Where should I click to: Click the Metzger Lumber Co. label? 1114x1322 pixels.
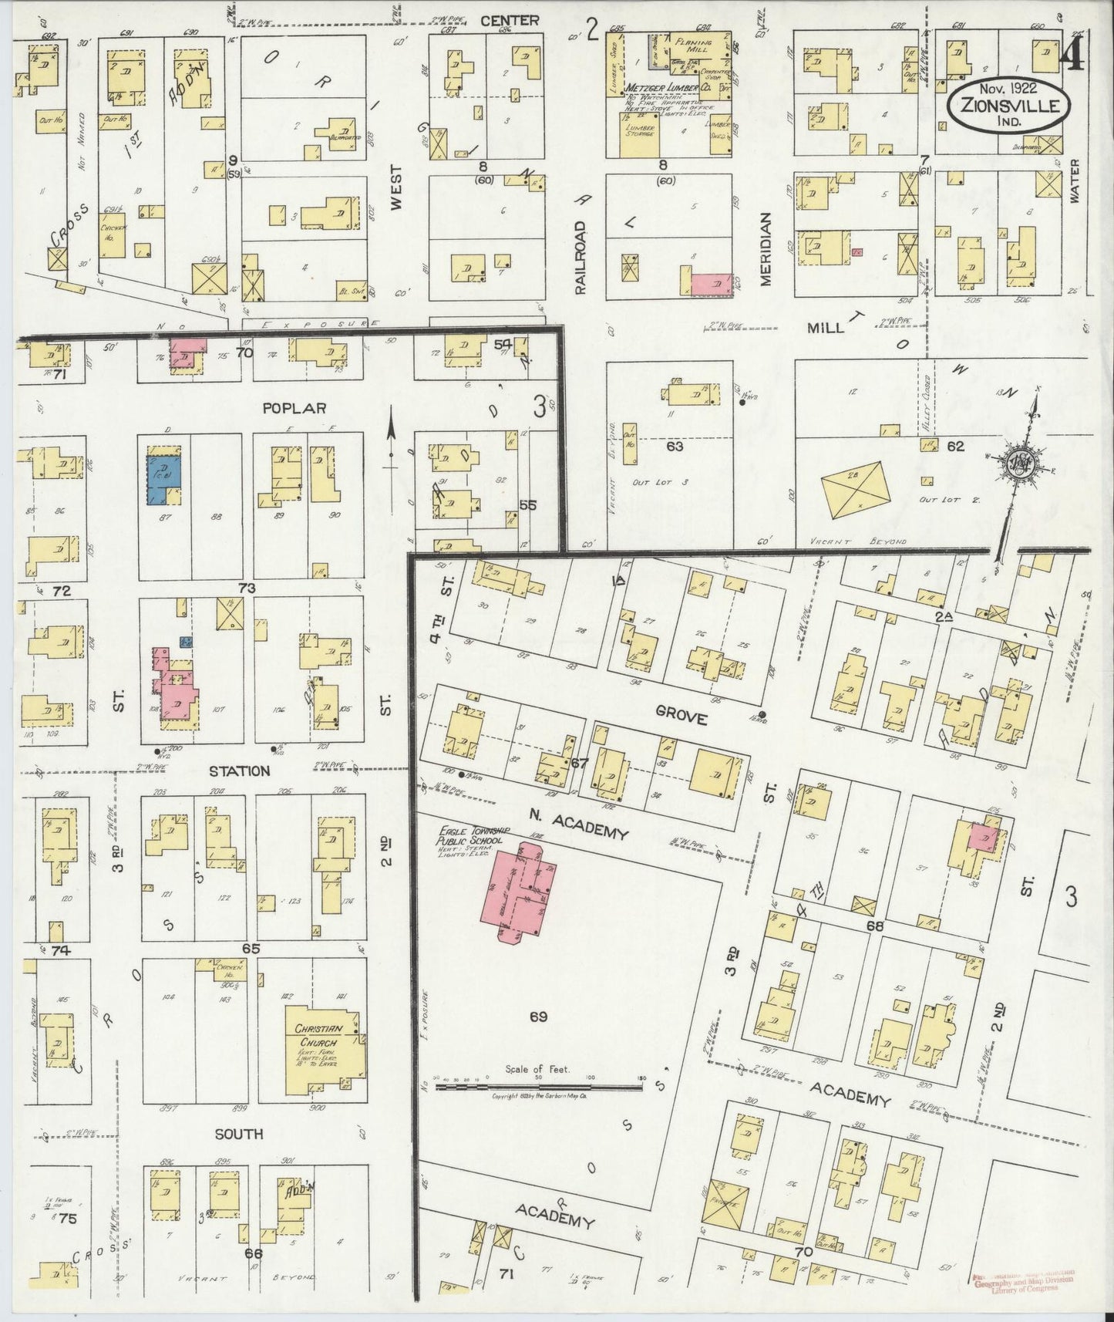(668, 89)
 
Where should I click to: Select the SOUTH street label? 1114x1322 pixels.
(239, 1134)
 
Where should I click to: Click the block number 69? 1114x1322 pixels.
(538, 1017)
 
